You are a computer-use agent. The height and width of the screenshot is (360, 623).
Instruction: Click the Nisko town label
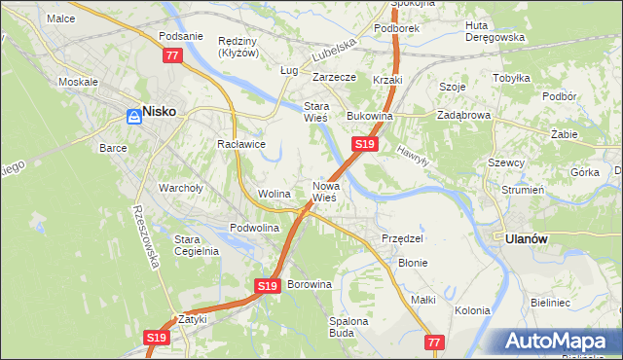point(160,112)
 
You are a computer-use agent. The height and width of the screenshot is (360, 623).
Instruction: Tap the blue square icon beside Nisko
point(133,117)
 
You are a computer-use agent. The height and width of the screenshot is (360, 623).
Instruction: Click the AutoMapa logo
point(560,342)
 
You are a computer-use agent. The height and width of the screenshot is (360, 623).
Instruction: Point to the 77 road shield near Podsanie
point(172,56)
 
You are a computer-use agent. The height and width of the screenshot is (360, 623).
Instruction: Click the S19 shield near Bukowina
point(364,144)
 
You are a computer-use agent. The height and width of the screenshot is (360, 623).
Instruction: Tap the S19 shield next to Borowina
point(269,286)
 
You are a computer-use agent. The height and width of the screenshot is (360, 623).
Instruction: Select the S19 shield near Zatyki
point(157,338)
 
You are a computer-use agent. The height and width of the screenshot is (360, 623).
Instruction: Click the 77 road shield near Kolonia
point(435,342)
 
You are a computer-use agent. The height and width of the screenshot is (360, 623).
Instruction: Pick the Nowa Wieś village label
point(324,191)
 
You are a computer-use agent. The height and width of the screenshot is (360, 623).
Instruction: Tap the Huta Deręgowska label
point(495,31)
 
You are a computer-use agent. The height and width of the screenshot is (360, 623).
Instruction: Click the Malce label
point(60,18)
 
